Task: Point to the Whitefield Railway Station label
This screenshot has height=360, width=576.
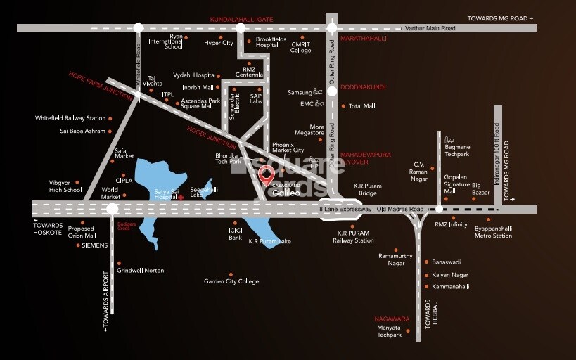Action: (x=70, y=118)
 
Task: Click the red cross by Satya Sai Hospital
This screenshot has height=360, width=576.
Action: (x=181, y=198)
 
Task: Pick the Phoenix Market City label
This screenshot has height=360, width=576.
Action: (x=288, y=146)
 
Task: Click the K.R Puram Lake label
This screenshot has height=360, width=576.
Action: (x=269, y=241)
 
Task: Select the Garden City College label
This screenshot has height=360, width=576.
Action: (x=231, y=281)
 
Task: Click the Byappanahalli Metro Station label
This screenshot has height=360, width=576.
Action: (x=493, y=232)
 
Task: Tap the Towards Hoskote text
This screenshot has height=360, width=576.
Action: (x=49, y=225)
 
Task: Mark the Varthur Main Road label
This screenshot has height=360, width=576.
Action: (x=430, y=28)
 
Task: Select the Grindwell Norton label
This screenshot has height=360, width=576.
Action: (x=141, y=270)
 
